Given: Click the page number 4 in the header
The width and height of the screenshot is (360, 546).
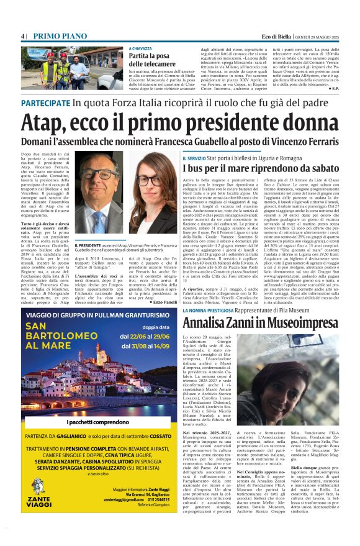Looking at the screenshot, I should tap(23, 36).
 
